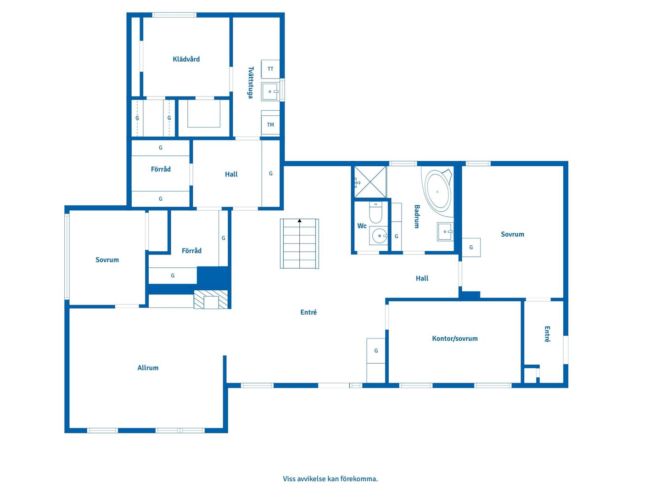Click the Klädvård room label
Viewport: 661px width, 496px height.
coord(186,59)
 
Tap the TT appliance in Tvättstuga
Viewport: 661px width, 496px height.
coord(270,69)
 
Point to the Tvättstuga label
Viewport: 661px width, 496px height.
coord(250,82)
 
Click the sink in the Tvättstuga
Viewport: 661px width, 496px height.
coord(270,91)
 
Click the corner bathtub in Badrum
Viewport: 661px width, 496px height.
coord(437,192)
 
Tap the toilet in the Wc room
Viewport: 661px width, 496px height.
coord(375,212)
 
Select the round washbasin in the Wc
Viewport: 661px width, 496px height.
coord(379,236)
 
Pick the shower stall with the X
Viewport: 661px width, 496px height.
coord(370,181)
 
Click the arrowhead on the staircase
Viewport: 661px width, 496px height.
coord(299,221)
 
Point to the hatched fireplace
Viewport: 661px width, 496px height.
coord(211,299)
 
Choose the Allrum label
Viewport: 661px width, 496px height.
coord(147,368)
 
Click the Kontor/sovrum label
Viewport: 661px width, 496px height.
coord(454,338)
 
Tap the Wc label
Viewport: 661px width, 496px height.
coord(362,226)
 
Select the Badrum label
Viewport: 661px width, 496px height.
coord(417,216)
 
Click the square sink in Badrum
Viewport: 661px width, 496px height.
coord(445,231)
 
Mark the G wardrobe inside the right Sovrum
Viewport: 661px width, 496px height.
coord(471,247)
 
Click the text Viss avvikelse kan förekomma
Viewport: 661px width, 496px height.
coord(330,479)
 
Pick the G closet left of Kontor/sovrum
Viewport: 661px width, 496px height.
coord(376,360)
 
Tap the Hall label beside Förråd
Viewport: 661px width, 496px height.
coord(231,174)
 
